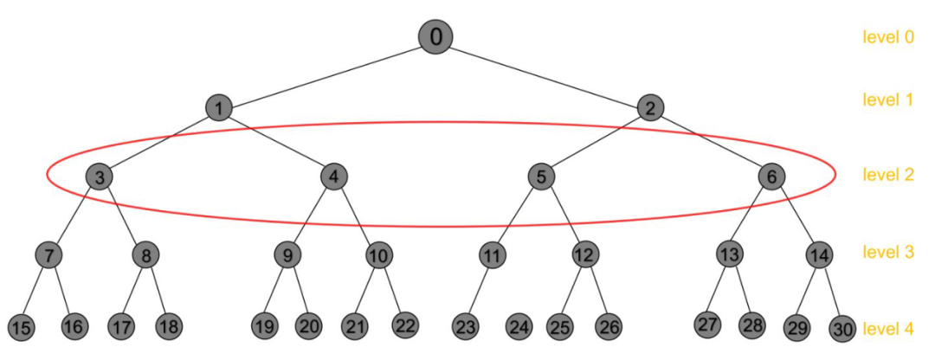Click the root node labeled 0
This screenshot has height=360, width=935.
tap(435, 36)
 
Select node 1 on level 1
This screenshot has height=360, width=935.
tap(219, 108)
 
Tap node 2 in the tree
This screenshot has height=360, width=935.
tap(650, 108)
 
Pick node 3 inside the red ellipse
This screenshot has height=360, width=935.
tap(100, 177)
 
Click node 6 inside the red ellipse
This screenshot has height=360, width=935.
tap(771, 177)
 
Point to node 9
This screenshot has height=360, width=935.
tap(287, 255)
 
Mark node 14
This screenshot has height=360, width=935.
tap(819, 255)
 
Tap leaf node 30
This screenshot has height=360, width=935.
tap(842, 329)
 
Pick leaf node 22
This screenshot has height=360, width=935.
tap(404, 325)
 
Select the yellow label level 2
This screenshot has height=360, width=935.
tap(887, 176)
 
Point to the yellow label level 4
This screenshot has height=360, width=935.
tap(887, 329)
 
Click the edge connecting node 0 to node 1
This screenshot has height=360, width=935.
tap(327, 73)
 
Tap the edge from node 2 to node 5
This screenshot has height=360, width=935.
tap(596, 142)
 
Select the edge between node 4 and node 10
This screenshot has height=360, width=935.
tap(356, 215)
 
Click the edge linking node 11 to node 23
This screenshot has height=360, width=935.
tap(479, 291)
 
